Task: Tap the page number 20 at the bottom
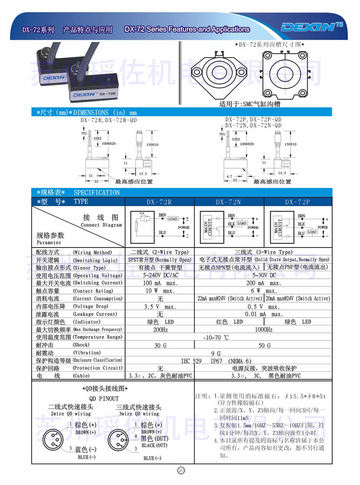click(x=181, y=471)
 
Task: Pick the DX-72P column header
click(x=298, y=202)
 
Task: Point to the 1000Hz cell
click(x=264, y=330)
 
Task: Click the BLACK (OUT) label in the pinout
click(x=154, y=445)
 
